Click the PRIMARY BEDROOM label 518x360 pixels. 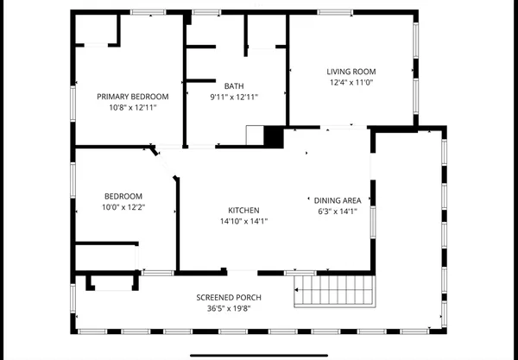click(x=132, y=96)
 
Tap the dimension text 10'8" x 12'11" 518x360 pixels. click(x=132, y=108)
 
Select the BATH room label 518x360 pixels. click(x=234, y=85)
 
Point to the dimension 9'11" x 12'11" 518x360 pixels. click(x=234, y=98)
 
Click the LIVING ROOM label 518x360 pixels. click(x=351, y=71)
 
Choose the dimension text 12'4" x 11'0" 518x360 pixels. click(x=351, y=83)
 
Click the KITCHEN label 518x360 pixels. click(x=243, y=210)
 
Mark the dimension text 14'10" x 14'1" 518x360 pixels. click(x=243, y=221)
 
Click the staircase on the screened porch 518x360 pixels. click(x=337, y=293)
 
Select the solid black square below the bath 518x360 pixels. click(x=274, y=136)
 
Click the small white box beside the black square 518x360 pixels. click(x=255, y=136)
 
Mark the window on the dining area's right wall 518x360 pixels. click(x=371, y=220)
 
